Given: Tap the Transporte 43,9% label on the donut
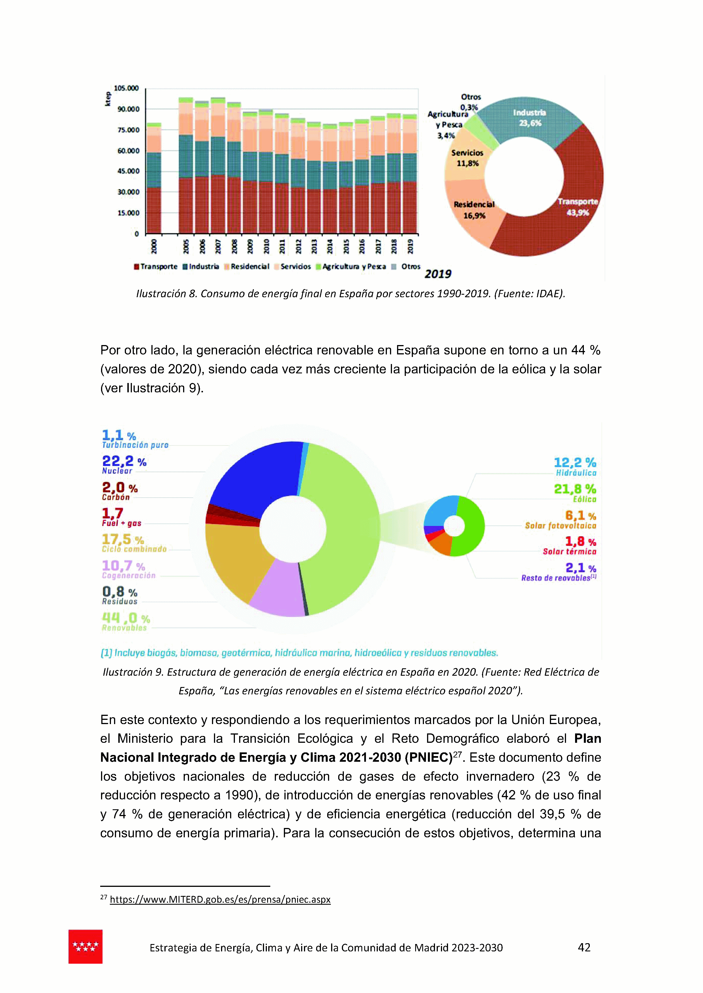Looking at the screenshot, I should coord(577,207).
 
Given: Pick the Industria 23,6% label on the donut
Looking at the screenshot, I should coord(530,118).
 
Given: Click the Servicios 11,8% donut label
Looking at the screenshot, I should coord(467,158).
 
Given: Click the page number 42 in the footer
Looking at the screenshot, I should coord(584,947).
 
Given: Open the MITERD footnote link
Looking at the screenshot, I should coord(220,900).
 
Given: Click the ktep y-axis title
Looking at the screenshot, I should coord(108,99).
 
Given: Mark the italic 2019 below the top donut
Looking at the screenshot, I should coord(438,274).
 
